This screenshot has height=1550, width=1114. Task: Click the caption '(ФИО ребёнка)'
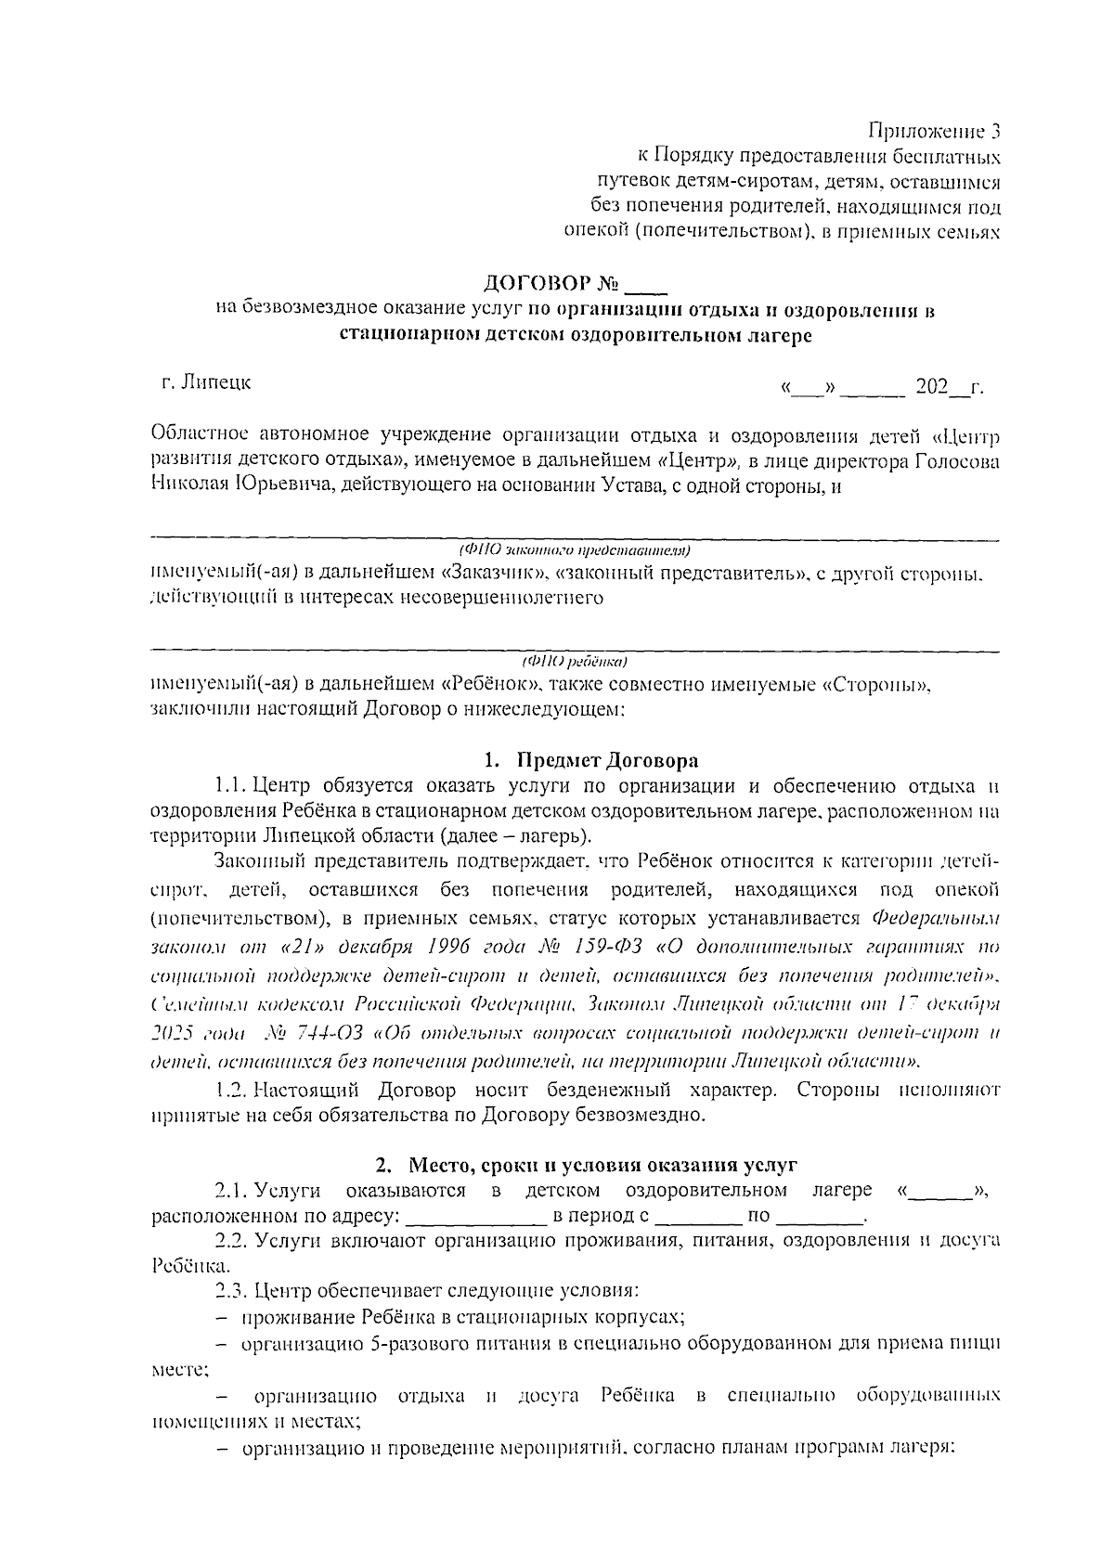(x=576, y=662)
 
